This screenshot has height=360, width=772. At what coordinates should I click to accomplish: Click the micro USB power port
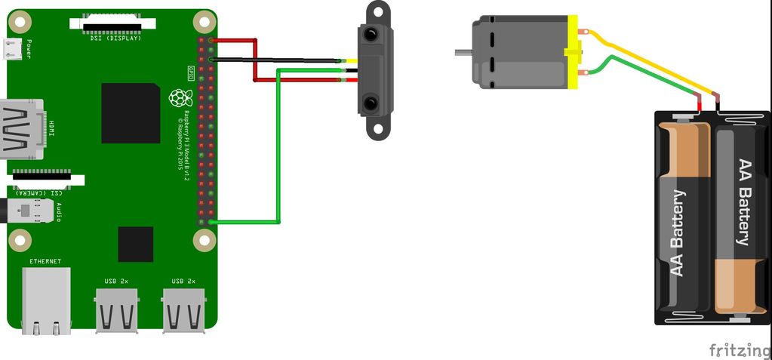[x=11, y=49]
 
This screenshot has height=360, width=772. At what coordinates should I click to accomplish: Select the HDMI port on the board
[x=20, y=129]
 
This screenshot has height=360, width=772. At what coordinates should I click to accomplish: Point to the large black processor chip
[x=131, y=113]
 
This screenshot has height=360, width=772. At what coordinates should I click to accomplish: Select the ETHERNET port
[x=46, y=300]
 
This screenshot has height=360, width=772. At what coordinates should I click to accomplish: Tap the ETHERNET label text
[x=45, y=261]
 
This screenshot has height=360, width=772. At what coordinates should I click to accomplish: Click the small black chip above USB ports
[x=136, y=244]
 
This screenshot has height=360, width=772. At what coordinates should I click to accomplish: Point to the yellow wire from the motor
[x=649, y=65]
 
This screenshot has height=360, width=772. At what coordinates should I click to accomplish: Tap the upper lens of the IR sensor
[x=371, y=34]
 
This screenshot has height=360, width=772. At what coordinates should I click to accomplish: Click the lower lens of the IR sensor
[x=371, y=102]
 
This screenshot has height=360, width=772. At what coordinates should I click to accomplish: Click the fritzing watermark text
[x=740, y=350]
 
